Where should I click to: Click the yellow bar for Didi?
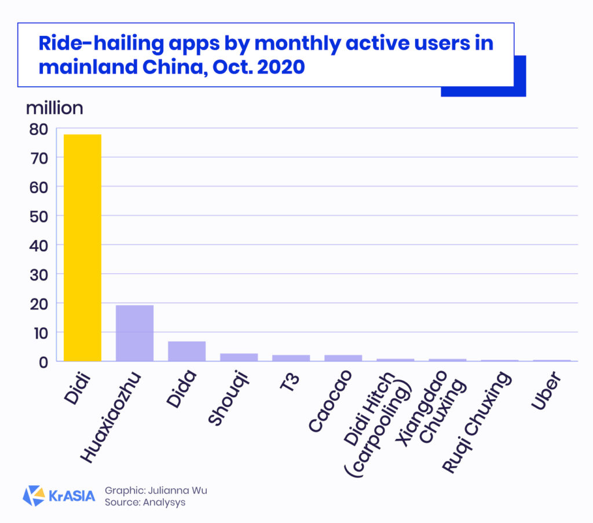click(82, 248)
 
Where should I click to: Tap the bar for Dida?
click(186, 351)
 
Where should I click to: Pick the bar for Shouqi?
click(239, 357)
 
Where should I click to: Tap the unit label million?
click(54, 108)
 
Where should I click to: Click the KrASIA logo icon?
click(34, 496)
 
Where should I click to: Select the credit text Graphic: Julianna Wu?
click(155, 491)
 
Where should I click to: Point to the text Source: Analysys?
click(145, 503)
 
